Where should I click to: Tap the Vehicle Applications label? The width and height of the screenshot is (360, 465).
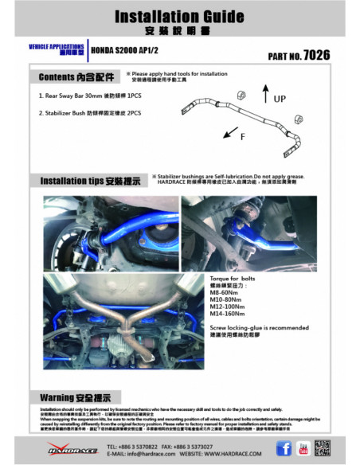point(52,47)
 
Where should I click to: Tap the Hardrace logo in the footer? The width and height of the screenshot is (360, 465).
point(72,449)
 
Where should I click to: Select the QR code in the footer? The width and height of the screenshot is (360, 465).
point(323,447)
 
